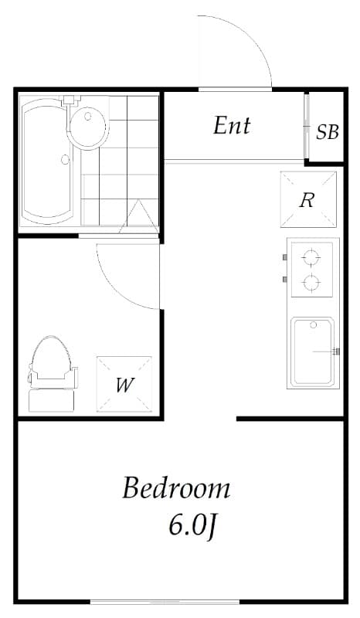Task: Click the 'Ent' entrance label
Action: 232,125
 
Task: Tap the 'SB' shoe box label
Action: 328,131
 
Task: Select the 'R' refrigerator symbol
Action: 307,199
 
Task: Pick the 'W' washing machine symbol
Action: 124,384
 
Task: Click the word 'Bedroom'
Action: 176,488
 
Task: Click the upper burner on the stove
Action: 311,256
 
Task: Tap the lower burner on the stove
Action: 311,283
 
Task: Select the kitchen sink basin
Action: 313,351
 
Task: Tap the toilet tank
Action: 52,399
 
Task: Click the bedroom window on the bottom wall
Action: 165,602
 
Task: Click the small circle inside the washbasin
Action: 88,117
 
